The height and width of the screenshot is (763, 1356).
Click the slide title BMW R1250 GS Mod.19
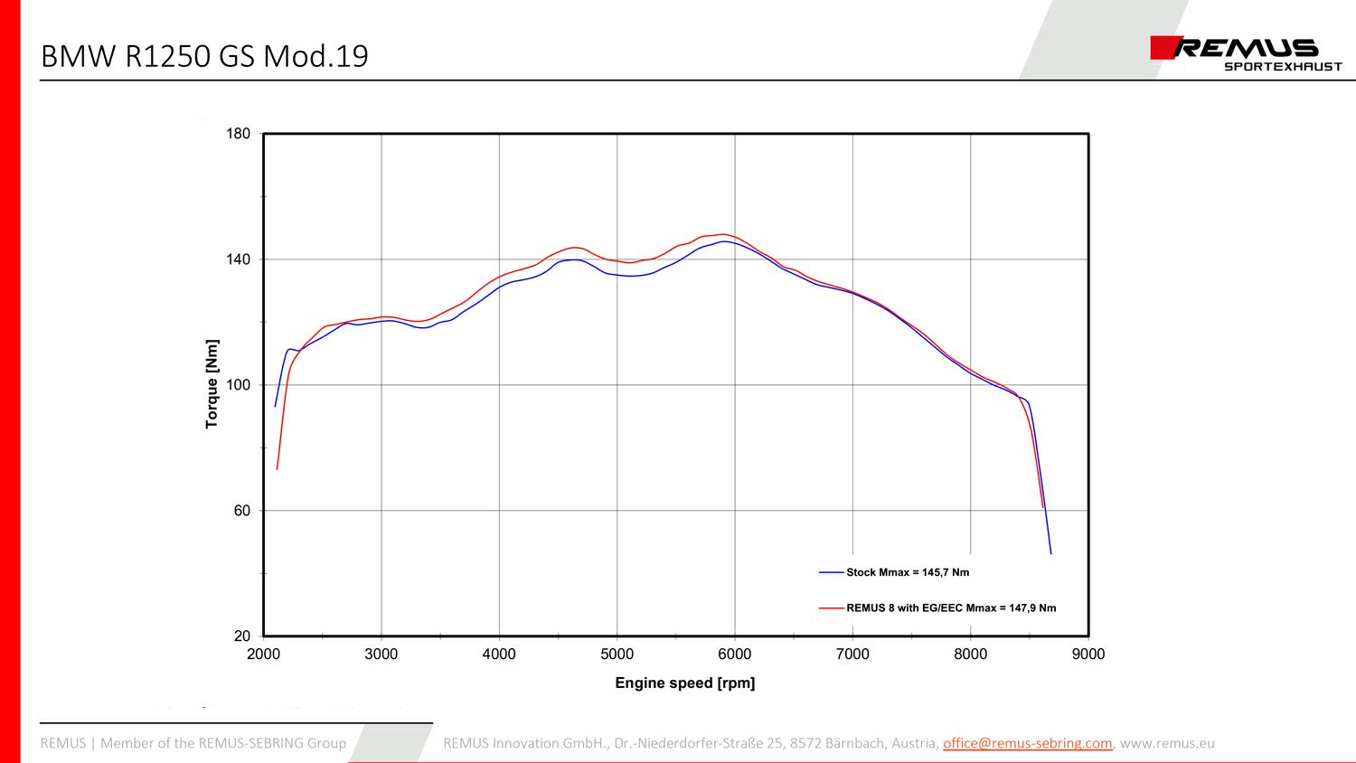(x=204, y=56)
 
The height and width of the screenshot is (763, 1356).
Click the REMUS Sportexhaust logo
(x=1245, y=52)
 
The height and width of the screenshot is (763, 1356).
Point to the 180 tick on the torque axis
(x=238, y=134)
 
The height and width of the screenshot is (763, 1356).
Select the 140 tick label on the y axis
(x=238, y=259)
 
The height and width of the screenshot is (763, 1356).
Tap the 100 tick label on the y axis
(x=238, y=385)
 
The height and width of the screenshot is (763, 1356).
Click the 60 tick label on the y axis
(x=241, y=511)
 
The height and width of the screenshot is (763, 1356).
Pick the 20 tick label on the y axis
(x=241, y=636)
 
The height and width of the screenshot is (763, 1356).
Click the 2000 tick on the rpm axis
(x=263, y=655)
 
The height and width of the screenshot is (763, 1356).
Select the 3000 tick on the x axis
(x=381, y=655)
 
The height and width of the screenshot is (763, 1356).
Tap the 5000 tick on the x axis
(x=617, y=655)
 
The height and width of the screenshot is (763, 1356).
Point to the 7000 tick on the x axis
(x=852, y=655)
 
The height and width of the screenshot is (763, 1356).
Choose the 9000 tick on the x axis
(x=1088, y=655)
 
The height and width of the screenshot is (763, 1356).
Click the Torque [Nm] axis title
(x=212, y=384)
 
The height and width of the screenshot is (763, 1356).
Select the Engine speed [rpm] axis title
(x=684, y=683)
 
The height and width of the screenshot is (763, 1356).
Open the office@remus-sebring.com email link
(x=1027, y=743)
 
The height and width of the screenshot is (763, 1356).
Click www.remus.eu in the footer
(x=1167, y=743)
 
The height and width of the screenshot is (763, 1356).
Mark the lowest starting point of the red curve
(x=277, y=469)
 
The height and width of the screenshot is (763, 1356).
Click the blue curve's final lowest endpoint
(x=1051, y=553)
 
